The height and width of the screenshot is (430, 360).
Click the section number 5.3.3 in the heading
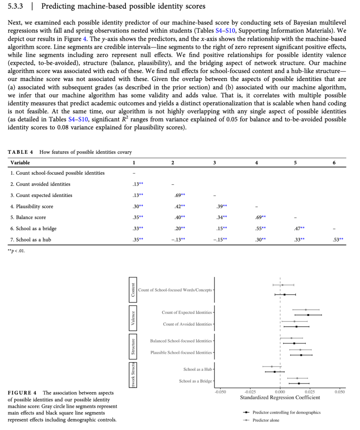coord(16,6)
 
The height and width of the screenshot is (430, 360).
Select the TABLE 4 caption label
coord(21,152)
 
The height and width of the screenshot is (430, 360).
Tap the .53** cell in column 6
coord(337,240)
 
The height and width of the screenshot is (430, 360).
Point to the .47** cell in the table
coord(299,228)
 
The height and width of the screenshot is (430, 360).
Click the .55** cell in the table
coord(260,228)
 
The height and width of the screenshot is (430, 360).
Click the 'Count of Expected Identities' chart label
coord(187,312)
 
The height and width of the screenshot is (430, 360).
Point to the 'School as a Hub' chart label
coord(198,370)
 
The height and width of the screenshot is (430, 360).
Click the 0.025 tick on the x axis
coord(310,391)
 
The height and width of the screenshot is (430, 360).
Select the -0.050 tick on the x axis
coord(220,391)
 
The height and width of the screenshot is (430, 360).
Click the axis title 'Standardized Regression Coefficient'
coord(280,397)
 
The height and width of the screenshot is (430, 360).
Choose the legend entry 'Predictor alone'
coord(266,420)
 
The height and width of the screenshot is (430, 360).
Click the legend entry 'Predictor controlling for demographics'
coord(286,412)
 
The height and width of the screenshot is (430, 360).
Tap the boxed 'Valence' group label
coord(133,318)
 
